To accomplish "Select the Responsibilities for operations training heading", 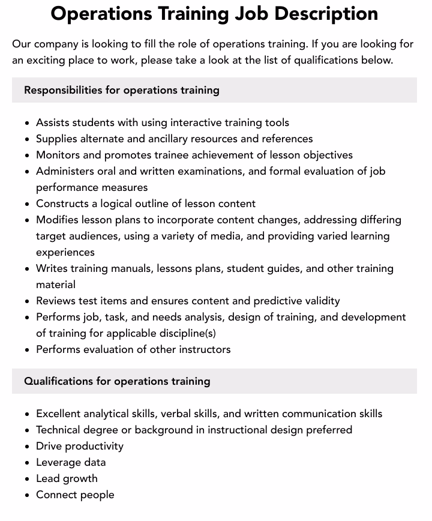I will pyautogui.click(x=122, y=90).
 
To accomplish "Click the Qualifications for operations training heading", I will pyautogui.click(x=117, y=381).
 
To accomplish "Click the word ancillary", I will pyautogui.click(x=157, y=139).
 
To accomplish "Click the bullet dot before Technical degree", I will pyautogui.click(x=28, y=430).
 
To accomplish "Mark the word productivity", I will pyautogui.click(x=94, y=446).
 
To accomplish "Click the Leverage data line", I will pyautogui.click(x=71, y=462).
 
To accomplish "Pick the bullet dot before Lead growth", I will pyautogui.click(x=28, y=479).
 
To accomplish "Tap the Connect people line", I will pyautogui.click(x=75, y=495).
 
